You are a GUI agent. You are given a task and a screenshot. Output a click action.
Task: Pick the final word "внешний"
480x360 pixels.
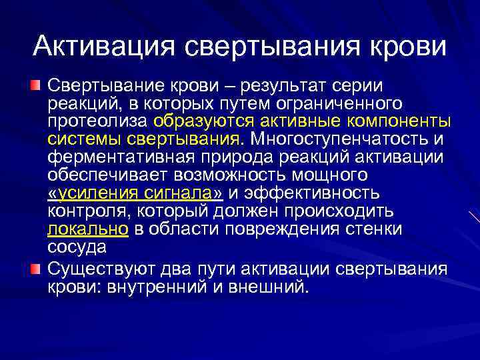tap(272, 287)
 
